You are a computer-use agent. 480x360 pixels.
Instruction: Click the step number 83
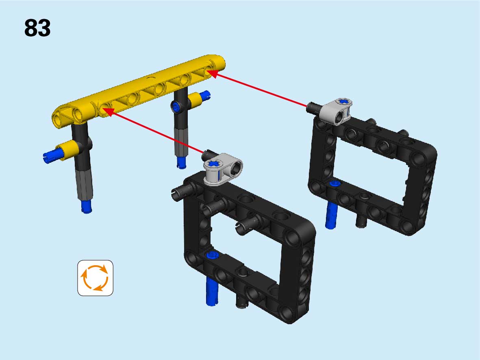[37, 28]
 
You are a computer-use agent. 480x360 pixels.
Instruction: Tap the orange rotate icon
[95, 278]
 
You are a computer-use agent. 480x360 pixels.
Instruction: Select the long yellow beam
[139, 91]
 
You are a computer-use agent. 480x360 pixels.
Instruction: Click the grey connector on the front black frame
[223, 169]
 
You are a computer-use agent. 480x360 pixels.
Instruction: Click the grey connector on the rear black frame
[336, 111]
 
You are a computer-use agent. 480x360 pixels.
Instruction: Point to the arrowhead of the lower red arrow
[109, 112]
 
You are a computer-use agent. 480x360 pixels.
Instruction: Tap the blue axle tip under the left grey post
[87, 206]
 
